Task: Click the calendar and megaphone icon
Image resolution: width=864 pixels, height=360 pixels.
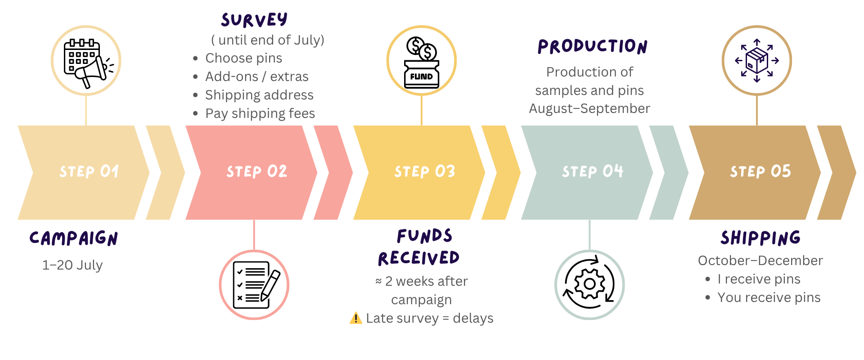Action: click(x=86, y=61)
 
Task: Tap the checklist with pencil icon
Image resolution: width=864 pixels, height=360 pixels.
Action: click(x=254, y=285)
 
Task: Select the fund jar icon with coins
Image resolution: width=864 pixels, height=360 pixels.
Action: click(x=422, y=61)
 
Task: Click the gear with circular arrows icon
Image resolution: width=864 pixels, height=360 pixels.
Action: click(x=589, y=285)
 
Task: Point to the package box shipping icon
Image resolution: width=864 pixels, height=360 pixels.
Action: click(x=757, y=61)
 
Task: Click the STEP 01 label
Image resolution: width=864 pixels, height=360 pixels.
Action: click(x=89, y=171)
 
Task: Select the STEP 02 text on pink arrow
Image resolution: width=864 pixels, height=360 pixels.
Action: click(x=256, y=171)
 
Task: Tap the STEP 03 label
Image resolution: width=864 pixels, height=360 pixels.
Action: click(x=424, y=171)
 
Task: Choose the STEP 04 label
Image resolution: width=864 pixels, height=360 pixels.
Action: click(x=592, y=171)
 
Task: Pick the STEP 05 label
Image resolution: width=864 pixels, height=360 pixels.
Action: click(x=760, y=171)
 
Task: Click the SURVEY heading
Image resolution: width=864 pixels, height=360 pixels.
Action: click(x=254, y=20)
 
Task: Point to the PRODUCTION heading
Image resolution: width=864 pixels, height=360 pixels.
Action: click(x=592, y=47)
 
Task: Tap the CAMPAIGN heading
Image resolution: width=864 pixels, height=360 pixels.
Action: click(x=74, y=238)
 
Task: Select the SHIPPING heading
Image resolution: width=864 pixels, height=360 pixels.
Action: click(x=760, y=238)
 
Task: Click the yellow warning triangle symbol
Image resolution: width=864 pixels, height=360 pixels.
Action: click(x=355, y=318)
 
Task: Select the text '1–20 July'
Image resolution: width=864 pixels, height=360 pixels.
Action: click(x=72, y=265)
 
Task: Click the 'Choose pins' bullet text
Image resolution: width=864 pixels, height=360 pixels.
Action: click(x=243, y=58)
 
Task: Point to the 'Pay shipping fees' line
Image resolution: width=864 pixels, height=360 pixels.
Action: click(x=260, y=113)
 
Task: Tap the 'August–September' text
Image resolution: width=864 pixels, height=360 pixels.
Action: click(x=589, y=108)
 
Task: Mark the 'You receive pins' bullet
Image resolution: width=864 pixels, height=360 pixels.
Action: click(x=769, y=297)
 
